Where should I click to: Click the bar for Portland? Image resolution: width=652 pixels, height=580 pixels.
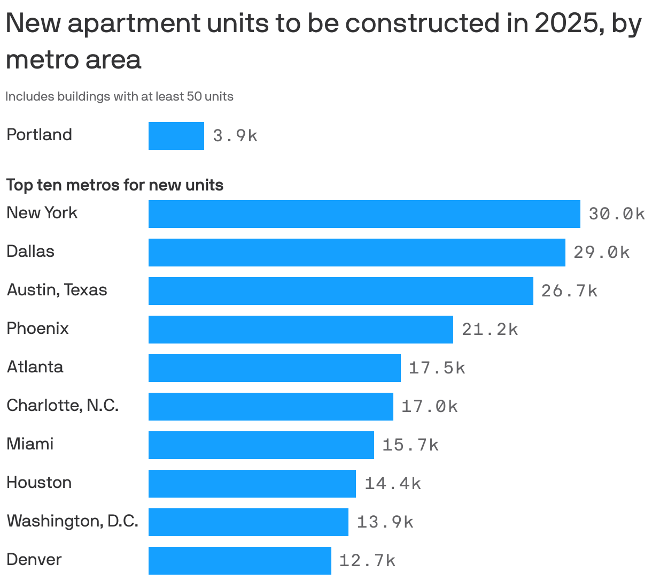point(176,136)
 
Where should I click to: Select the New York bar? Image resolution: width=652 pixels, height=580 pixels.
point(364,214)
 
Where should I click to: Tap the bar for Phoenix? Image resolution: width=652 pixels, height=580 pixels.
point(300,330)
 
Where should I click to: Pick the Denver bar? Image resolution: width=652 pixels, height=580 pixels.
point(239,561)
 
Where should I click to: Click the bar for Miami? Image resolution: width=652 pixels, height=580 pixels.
point(261,445)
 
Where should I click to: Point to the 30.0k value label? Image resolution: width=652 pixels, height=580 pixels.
point(616,214)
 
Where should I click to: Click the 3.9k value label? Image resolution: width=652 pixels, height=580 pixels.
point(235,136)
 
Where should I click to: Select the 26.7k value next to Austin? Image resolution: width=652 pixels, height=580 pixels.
point(569,291)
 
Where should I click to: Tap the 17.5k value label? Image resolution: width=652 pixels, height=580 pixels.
point(437,368)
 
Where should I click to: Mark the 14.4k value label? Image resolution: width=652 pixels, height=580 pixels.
point(393,484)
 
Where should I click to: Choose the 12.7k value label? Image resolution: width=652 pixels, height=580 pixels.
point(367,561)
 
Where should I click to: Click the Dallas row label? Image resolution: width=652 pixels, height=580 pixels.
point(30,251)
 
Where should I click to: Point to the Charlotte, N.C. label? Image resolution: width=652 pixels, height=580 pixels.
point(63,406)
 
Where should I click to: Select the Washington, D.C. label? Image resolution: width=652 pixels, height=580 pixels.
point(73,521)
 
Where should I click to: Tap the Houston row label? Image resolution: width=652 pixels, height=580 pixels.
point(39,483)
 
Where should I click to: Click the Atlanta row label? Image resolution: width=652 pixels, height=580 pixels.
point(35,367)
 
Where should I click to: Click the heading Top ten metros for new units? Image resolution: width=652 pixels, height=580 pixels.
point(115,185)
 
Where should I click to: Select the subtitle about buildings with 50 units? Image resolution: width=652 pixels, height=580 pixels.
point(119,97)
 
